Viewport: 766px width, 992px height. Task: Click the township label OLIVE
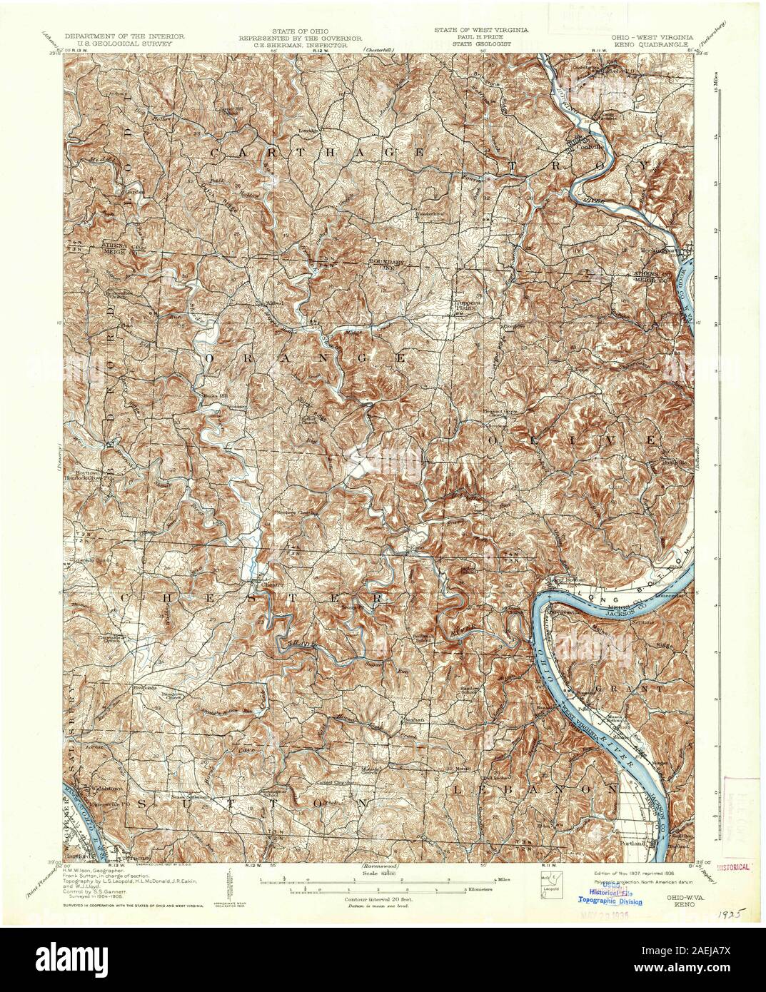coord(571,440)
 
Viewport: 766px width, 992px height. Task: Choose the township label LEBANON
coord(534,789)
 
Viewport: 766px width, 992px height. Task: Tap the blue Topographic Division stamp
coord(616,901)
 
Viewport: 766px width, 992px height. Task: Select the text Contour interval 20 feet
coord(369,900)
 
